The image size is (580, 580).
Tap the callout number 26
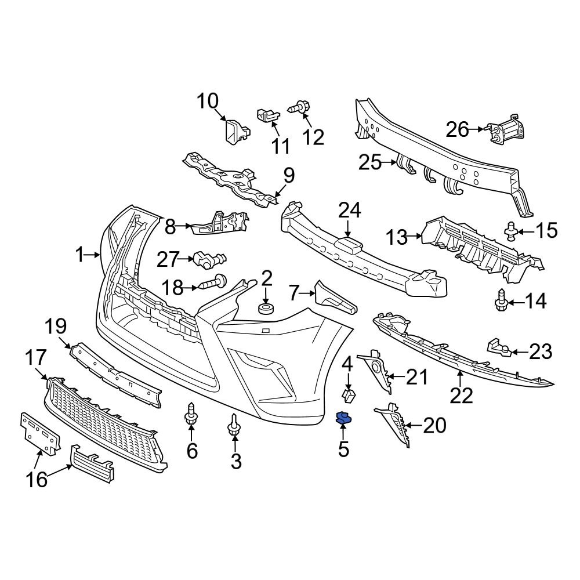[457, 129]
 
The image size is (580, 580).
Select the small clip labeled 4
[349, 396]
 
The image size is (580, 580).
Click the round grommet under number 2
[266, 307]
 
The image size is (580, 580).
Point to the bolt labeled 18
[213, 284]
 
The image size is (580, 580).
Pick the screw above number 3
[234, 426]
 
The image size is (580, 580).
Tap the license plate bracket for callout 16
[39, 433]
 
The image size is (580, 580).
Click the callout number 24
[350, 211]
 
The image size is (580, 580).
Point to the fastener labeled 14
[501, 301]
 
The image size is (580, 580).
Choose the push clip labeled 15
[511, 230]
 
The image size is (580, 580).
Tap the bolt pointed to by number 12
[300, 107]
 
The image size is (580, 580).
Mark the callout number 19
[57, 328]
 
